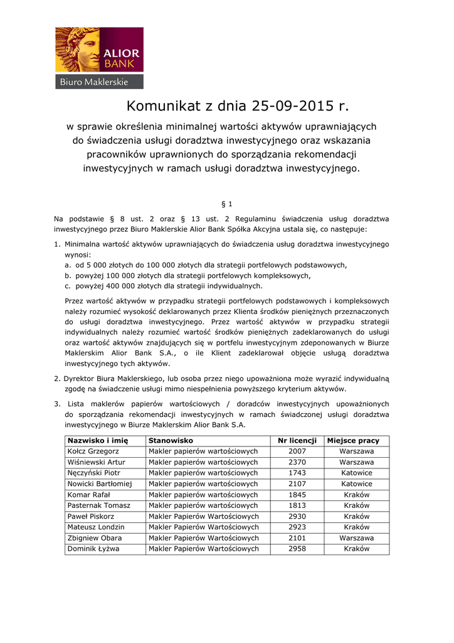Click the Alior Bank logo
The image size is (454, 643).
(x=99, y=51)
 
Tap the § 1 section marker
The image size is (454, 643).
(x=227, y=205)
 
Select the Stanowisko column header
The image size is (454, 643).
(x=171, y=441)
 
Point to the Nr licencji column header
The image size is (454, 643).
(x=297, y=441)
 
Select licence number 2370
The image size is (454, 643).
(x=297, y=462)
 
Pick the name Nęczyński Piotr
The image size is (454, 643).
(x=93, y=473)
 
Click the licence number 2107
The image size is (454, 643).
(x=297, y=484)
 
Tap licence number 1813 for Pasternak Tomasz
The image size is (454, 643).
(x=297, y=505)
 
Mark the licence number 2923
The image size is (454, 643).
(x=297, y=527)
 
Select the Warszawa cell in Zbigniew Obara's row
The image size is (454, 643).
(x=356, y=538)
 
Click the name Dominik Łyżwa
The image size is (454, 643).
(x=93, y=549)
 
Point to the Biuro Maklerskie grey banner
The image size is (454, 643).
(x=99, y=82)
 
